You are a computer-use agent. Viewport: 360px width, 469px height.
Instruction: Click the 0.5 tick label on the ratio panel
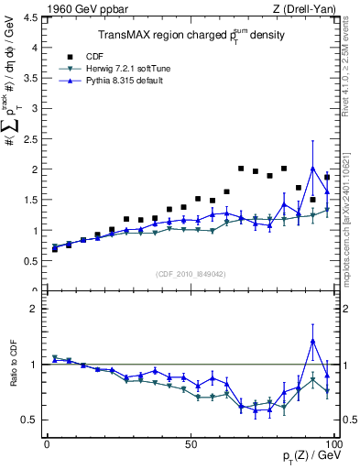[29, 420]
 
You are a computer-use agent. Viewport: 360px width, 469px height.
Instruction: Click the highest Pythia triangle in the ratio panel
[313, 341]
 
